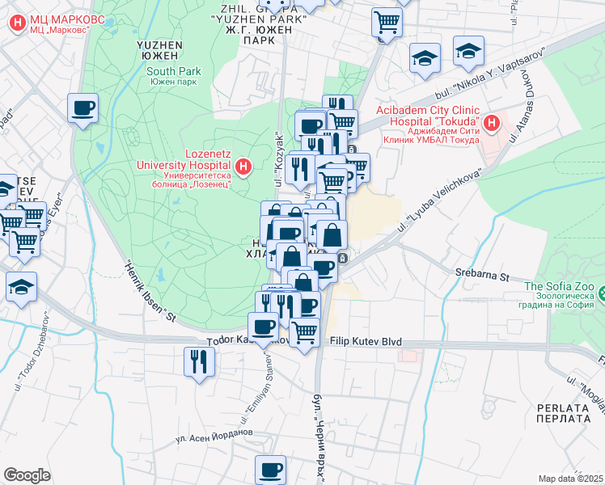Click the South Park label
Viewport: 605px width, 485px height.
[x=173, y=71]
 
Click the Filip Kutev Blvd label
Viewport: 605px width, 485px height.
[x=366, y=342]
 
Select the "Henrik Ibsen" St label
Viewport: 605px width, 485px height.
[x=150, y=290]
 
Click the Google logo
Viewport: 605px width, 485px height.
[x=27, y=474]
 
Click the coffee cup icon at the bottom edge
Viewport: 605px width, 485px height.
[x=271, y=468]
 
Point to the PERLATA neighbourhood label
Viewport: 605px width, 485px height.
[x=561, y=412]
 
